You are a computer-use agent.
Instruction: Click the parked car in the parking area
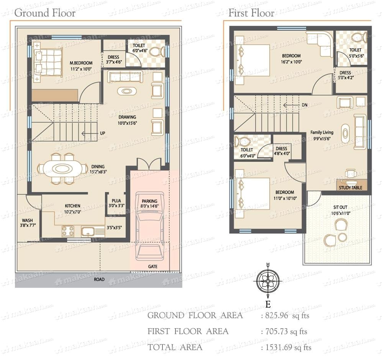[x=149, y=227]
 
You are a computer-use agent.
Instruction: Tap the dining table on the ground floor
[x=63, y=168]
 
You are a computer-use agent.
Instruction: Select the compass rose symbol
[x=268, y=281]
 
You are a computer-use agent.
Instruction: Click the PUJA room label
[x=116, y=201]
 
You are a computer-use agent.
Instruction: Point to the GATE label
[x=153, y=266]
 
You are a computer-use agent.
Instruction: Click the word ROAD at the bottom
[x=99, y=279]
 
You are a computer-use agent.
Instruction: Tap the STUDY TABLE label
[x=350, y=187]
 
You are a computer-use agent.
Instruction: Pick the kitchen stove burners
[x=68, y=231]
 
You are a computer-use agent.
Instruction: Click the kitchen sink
[x=87, y=231]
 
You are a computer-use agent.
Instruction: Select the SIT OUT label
[x=340, y=207]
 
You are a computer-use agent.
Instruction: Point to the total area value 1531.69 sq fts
[x=289, y=347]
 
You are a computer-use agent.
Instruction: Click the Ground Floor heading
[x=45, y=13]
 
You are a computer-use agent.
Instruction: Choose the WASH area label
[x=27, y=220]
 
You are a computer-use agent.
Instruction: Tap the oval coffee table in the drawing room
[x=126, y=91]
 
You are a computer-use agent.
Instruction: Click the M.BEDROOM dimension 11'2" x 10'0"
[x=81, y=69]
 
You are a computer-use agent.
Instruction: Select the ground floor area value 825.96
[x=277, y=316]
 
